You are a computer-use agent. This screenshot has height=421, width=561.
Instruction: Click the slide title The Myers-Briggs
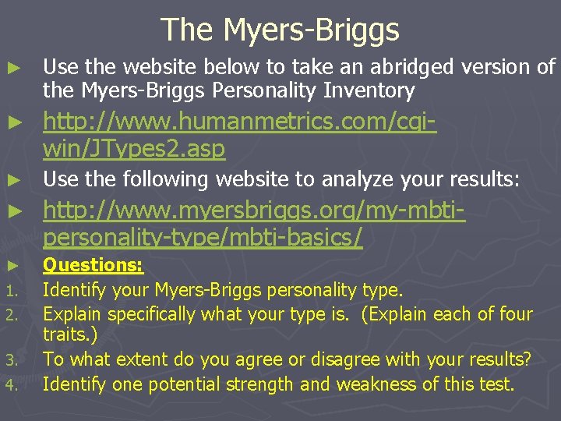[x=280, y=30]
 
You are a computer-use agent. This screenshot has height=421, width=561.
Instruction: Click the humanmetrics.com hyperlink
[x=238, y=134]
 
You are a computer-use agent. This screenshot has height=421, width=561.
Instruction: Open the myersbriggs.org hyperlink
[x=253, y=223]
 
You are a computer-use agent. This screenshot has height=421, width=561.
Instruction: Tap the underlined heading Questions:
[x=93, y=265]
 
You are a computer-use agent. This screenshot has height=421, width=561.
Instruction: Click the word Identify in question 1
[x=74, y=291]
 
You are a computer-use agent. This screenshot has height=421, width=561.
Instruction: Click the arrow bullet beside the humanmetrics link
[x=12, y=123]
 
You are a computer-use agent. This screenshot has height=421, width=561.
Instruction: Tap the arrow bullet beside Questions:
[x=12, y=266]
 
